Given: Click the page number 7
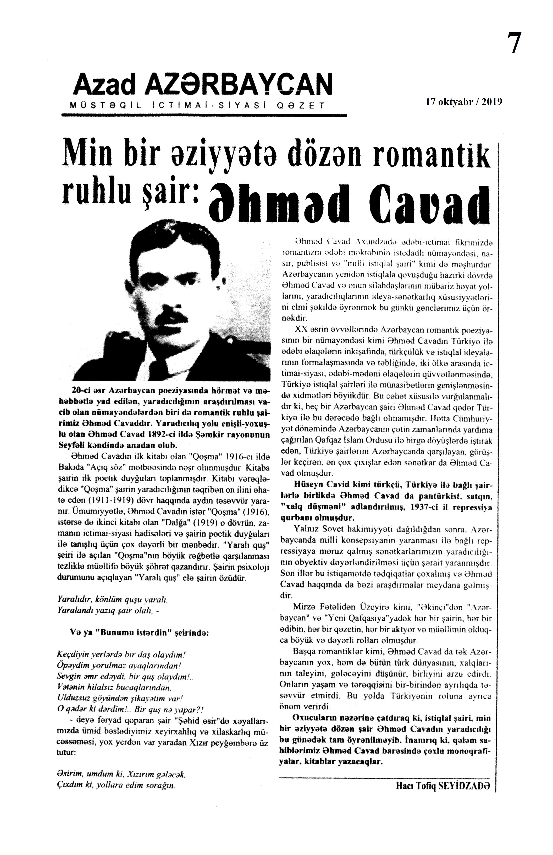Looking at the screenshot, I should point(515,43).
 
